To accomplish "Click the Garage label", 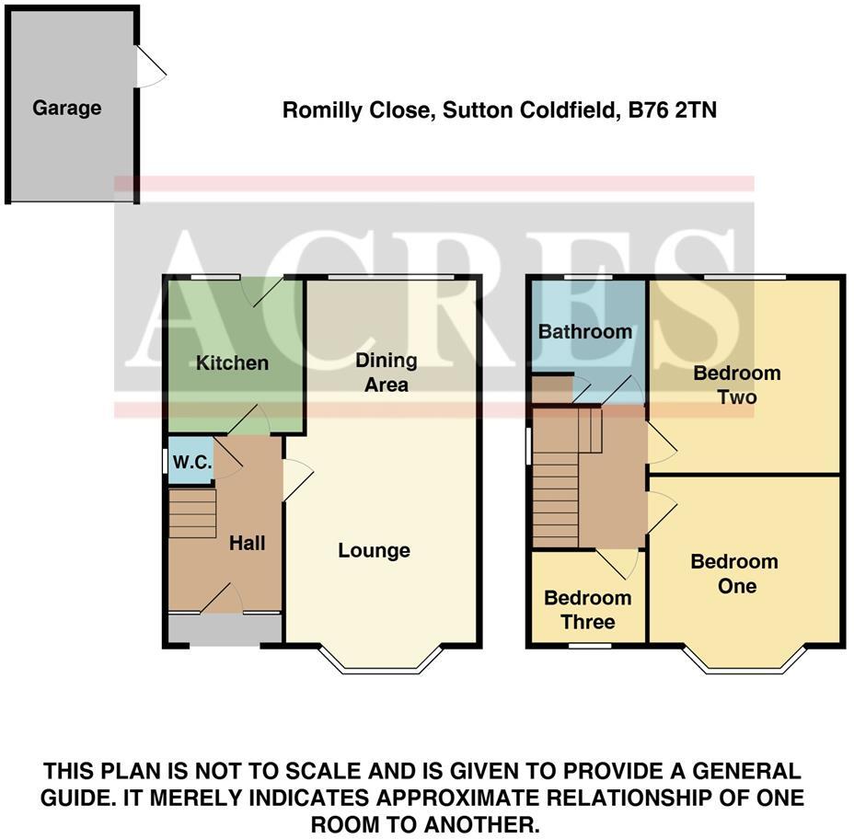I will pyautogui.click(x=66, y=108).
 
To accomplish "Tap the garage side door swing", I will pyautogui.click(x=150, y=67).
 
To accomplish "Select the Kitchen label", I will pyautogui.click(x=233, y=362).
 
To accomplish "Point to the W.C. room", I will pyautogui.click(x=191, y=464).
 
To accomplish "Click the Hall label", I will pyautogui.click(x=247, y=543).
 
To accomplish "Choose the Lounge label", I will pyautogui.click(x=374, y=550).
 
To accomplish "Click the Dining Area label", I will pyautogui.click(x=387, y=373).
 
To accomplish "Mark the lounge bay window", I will pyautogui.click(x=382, y=664).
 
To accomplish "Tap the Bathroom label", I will pyautogui.click(x=585, y=331).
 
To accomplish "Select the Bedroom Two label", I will pyautogui.click(x=736, y=385).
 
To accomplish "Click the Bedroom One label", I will pyautogui.click(x=734, y=573).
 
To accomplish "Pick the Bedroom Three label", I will pyautogui.click(x=587, y=610).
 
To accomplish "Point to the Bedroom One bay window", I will pyautogui.click(x=744, y=664).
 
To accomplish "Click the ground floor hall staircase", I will pyautogui.click(x=192, y=513).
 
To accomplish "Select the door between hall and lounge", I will pyautogui.click(x=297, y=479).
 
